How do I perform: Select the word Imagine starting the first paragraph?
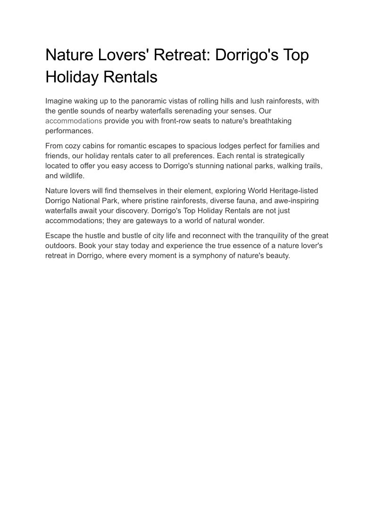point(59,101)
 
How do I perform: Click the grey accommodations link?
point(74,121)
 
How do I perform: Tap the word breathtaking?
point(268,121)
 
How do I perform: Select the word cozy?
point(74,146)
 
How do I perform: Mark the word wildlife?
point(71,176)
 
